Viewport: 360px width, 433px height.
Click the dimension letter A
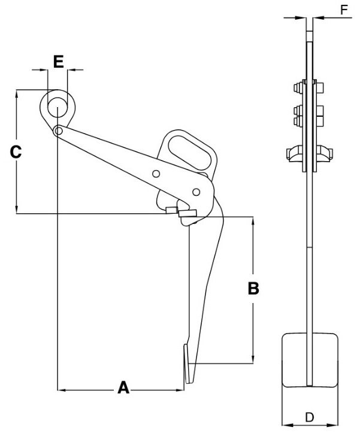pos(123,387)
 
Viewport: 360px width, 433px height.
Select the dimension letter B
pos(254,289)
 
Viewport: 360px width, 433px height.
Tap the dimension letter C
pos(17,152)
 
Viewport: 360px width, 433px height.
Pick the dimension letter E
pos(58,61)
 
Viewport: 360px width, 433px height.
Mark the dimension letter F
pos(343,10)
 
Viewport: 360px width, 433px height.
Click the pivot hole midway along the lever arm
pos(156,174)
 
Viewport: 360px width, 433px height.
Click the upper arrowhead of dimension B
pos(254,220)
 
